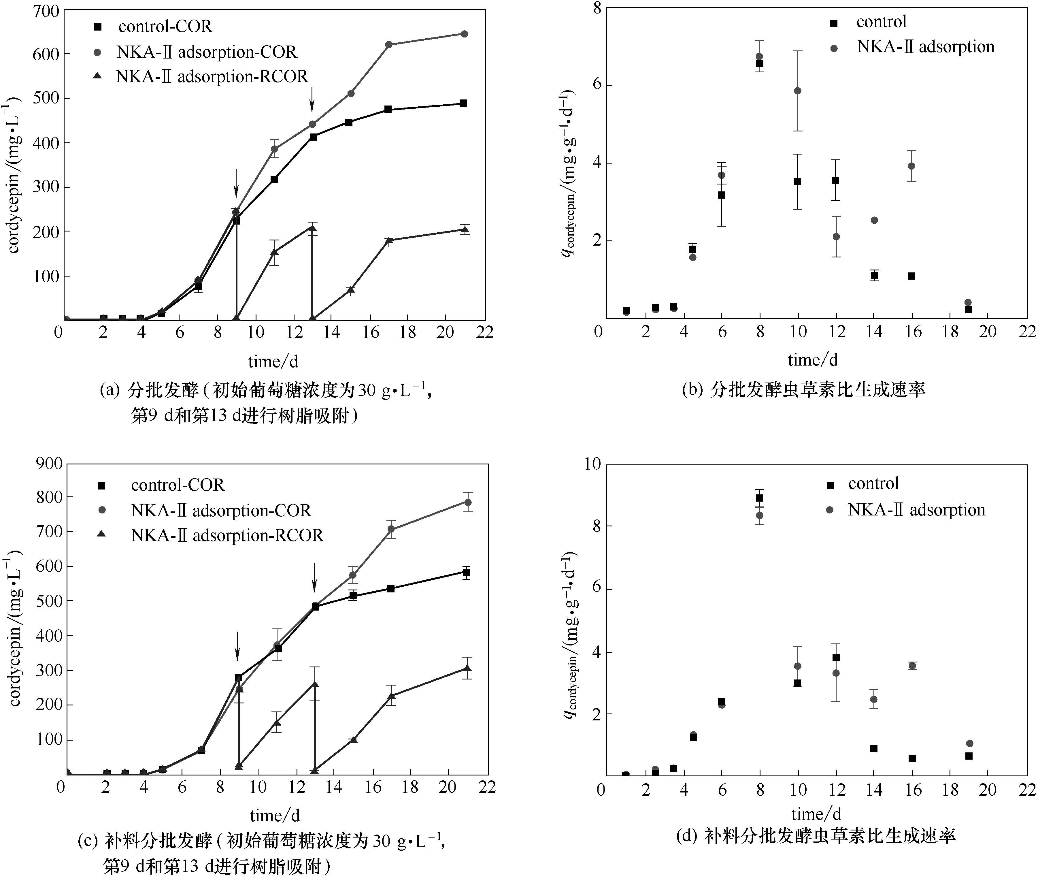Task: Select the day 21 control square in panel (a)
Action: click(463, 103)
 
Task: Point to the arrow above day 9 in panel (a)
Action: click(236, 183)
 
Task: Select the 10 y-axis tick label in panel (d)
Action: click(592, 464)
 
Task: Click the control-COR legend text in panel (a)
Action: click(165, 26)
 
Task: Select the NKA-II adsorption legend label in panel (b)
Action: click(925, 46)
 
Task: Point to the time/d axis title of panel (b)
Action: click(812, 359)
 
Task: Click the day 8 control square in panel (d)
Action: click(759, 498)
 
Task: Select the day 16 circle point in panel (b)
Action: click(911, 166)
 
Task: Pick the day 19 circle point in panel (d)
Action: click(969, 743)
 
